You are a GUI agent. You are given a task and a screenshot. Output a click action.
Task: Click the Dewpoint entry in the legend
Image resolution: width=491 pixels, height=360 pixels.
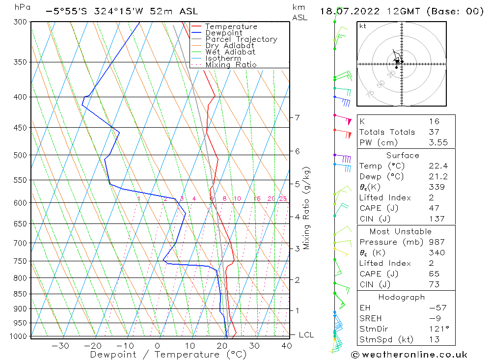223,33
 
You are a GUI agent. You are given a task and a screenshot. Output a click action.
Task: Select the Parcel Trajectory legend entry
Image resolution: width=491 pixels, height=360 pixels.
241,39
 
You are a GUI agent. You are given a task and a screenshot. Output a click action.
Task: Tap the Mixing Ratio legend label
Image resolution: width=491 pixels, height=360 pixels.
231,65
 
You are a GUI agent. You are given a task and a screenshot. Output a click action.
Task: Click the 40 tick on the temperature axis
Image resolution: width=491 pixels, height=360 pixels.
287,346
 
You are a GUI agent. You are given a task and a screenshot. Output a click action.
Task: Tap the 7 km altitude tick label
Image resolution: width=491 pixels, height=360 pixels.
297,117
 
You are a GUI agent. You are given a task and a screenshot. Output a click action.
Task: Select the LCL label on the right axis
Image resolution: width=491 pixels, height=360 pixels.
306,335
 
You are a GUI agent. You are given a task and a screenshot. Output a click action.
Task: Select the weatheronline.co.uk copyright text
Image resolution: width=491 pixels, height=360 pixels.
409,355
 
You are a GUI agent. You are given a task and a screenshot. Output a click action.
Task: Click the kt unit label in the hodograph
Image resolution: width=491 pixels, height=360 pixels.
362,27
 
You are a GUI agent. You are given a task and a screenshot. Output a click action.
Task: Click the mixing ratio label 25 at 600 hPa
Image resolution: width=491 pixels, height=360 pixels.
283,199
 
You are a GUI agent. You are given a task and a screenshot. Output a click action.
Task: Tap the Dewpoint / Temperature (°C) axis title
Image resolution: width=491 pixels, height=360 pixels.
168,354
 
